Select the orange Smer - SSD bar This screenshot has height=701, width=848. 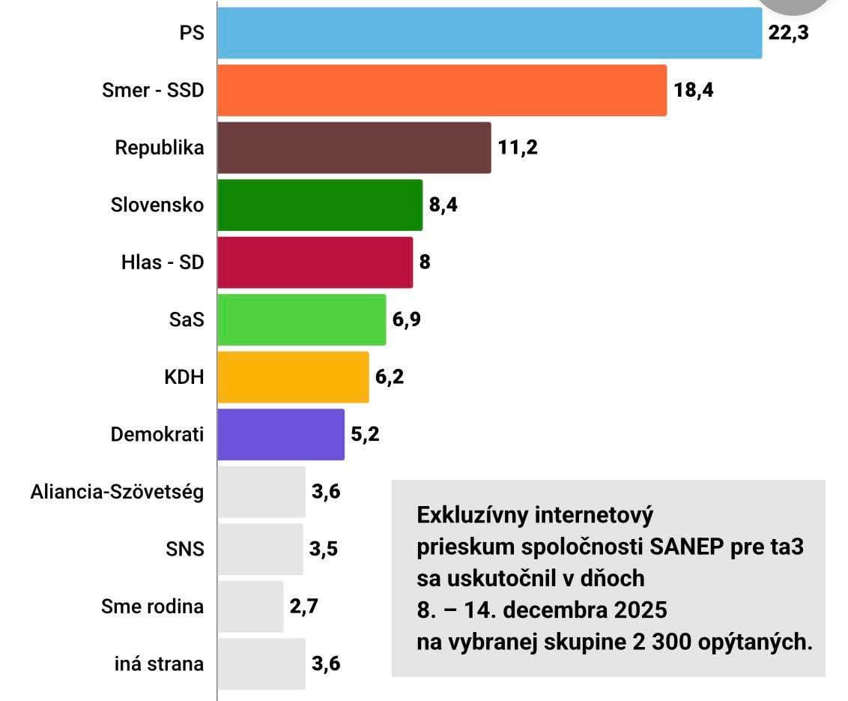click(x=442, y=91)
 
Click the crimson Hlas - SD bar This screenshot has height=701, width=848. click(x=315, y=262)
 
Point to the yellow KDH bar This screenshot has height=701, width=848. click(x=293, y=377)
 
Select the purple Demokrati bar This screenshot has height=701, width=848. click(x=281, y=434)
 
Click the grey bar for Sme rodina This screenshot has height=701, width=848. click(x=250, y=606)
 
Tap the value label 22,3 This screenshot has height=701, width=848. click(x=789, y=33)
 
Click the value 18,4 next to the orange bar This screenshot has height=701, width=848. click(x=693, y=91)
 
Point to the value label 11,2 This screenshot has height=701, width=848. click(x=518, y=148)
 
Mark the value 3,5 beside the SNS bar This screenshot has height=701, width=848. click(x=324, y=549)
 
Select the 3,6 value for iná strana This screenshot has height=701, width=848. click(x=327, y=664)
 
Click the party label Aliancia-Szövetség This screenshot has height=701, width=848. click(x=117, y=492)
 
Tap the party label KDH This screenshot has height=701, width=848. click(x=184, y=377)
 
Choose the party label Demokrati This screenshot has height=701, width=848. click(x=157, y=434)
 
